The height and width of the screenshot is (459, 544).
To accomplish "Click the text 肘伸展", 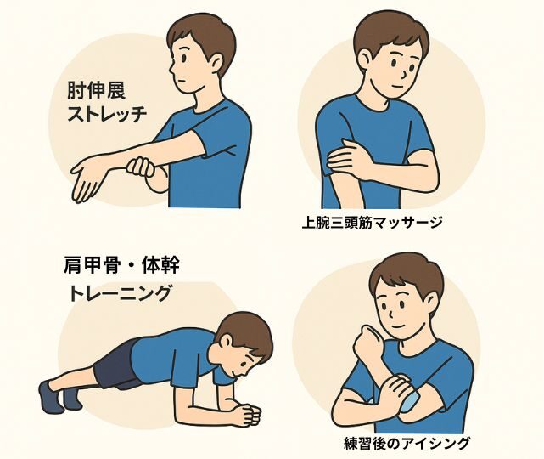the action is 96,90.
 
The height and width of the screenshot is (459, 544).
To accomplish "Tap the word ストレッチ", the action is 107,114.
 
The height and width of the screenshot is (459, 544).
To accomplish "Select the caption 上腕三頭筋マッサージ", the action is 372,223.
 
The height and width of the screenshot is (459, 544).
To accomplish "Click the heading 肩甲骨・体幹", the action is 121,266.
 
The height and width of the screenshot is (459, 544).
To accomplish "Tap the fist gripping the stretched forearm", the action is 141,167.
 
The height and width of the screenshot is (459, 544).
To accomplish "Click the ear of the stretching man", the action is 216,63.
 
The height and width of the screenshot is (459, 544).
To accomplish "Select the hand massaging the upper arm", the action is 349,159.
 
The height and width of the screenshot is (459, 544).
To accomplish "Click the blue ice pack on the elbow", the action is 409,401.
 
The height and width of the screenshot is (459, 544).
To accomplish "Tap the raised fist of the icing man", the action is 369,341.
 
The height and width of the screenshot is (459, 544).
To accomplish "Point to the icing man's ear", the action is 432,302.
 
